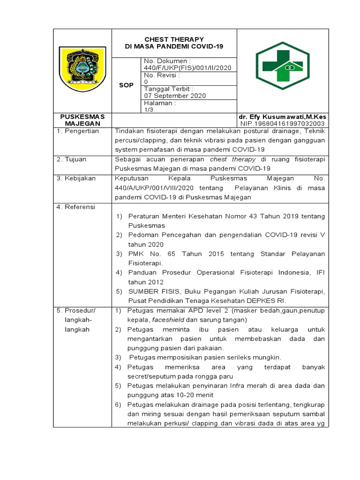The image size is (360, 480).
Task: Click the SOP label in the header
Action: click(126, 85)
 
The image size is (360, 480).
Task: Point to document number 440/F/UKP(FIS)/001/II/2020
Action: click(187, 68)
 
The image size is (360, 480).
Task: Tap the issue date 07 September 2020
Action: click(175, 96)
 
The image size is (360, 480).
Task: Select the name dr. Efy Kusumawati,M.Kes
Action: click(283, 117)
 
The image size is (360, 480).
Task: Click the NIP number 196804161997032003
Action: click(283, 123)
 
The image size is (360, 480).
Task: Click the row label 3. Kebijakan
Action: click(77, 179)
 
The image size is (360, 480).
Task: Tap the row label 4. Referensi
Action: click(76, 207)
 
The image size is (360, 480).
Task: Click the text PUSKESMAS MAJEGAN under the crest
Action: click(82, 120)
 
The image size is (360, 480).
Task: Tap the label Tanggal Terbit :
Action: click(168, 89)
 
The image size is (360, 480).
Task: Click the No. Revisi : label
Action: click(162, 75)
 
